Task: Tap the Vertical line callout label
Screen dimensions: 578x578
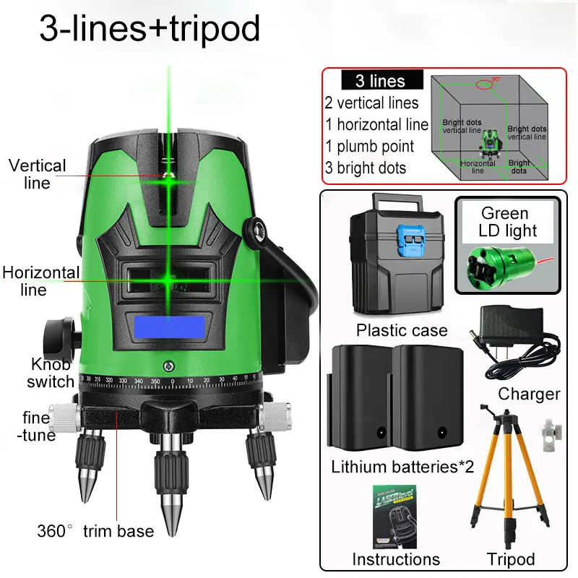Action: (x=37, y=174)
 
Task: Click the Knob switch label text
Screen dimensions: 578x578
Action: (x=51, y=373)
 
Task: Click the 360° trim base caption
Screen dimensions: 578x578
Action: (x=95, y=532)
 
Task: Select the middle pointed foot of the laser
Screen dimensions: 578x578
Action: (x=172, y=491)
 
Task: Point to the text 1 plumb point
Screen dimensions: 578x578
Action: (x=369, y=146)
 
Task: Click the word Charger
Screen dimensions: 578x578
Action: (x=529, y=394)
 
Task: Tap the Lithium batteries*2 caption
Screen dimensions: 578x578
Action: (x=402, y=466)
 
